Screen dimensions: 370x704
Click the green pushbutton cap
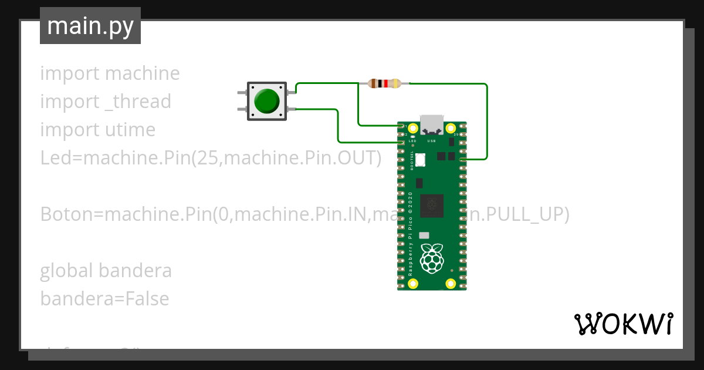coord(267,101)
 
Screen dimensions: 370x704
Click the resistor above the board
coord(384,83)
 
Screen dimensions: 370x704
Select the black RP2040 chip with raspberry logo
coord(431,204)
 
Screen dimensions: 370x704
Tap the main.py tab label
coord(90,26)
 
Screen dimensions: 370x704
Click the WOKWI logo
coord(623,324)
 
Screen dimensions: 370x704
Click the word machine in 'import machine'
coord(143,73)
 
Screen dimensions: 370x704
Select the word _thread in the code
coord(137,102)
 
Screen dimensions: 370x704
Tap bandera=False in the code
coord(104,299)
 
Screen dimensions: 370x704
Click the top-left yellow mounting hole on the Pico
coord(414,128)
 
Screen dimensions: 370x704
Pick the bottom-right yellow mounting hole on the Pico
coord(451,284)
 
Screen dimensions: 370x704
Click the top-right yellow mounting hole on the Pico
coord(451,128)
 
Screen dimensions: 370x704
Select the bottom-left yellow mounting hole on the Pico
coord(414,284)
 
